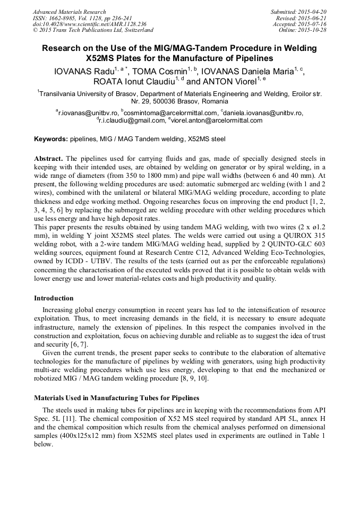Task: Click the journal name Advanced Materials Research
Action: click(x=70, y=12)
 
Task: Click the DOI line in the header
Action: click(x=89, y=24)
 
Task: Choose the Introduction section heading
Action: click(x=54, y=298)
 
